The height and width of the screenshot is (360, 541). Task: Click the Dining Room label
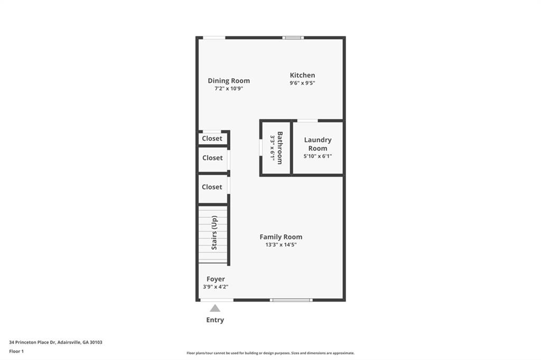[x=228, y=81]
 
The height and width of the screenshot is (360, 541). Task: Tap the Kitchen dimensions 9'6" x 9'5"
[x=302, y=83]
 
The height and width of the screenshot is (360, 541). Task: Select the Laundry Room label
[x=318, y=144]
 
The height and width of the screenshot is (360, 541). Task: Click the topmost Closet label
[x=212, y=139]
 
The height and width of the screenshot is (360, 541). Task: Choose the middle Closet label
[x=212, y=158]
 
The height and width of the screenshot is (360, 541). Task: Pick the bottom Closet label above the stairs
[x=212, y=187]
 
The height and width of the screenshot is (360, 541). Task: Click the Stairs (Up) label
[x=214, y=233]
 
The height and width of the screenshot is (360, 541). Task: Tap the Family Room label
[x=281, y=237]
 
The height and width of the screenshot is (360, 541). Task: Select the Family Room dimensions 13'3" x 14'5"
[x=281, y=245]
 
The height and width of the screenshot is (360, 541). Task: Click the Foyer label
[x=216, y=279]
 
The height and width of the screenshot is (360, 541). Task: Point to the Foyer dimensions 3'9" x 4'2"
[x=216, y=287]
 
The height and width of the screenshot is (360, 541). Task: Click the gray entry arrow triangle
[x=215, y=308]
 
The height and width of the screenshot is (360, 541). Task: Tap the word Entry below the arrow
[x=215, y=320]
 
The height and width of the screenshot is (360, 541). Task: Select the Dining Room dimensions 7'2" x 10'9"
[x=228, y=89]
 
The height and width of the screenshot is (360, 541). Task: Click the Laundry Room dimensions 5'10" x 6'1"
[x=318, y=156]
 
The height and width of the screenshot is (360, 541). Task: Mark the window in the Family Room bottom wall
[x=291, y=300]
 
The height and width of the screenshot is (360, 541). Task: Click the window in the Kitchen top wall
[x=293, y=37]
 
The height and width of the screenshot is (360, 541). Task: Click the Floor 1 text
[x=17, y=351]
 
